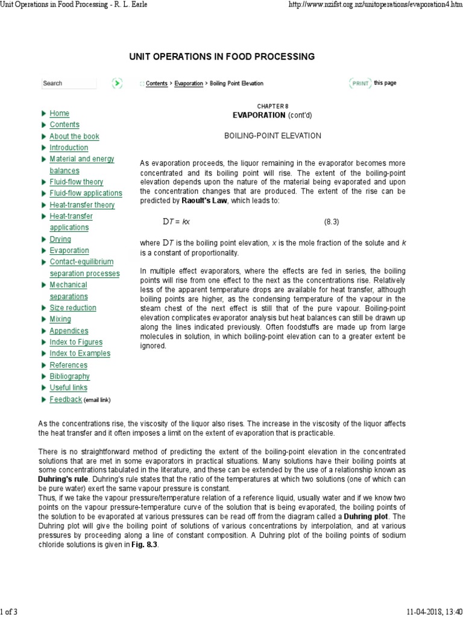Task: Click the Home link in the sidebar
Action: (59, 113)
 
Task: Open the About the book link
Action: (74, 136)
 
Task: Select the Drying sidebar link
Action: (60, 239)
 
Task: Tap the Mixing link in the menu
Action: (60, 319)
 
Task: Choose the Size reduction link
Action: (72, 308)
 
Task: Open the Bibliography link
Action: (69, 377)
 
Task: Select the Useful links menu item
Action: (68, 388)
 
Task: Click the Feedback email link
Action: (66, 399)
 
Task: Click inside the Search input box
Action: (69, 83)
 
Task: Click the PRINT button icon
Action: (359, 83)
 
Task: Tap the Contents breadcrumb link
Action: (157, 83)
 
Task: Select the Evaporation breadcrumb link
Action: (189, 83)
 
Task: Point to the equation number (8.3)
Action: (332, 222)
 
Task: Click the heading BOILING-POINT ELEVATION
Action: (272, 136)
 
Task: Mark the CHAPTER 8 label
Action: (273, 106)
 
